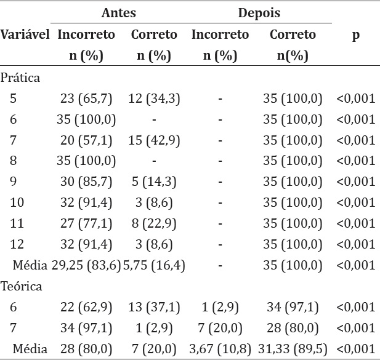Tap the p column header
tap(355, 35)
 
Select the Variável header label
tap(25, 35)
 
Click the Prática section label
tap(20, 78)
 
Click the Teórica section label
tap(21, 286)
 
